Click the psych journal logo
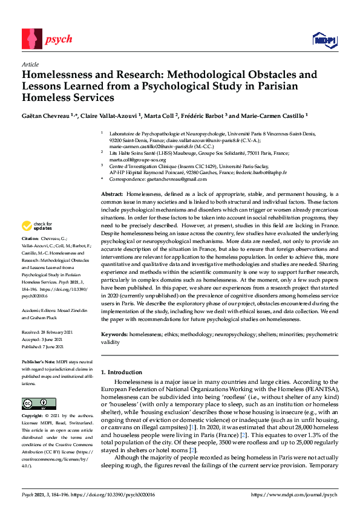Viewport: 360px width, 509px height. [47, 40]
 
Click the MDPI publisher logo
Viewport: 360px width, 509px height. [324, 41]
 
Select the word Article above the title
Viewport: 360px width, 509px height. [30, 64]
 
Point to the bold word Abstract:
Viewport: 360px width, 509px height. [113, 192]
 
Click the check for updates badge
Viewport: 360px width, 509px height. [35, 225]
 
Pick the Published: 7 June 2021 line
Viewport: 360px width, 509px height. [48, 346]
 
